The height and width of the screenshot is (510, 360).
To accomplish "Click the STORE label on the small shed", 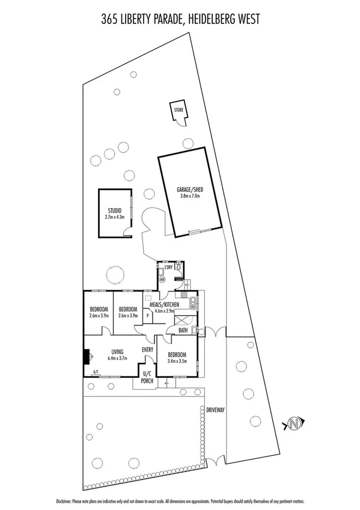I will pyautogui.click(x=178, y=111).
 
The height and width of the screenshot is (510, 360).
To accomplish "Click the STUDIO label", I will pyautogui.click(x=115, y=210).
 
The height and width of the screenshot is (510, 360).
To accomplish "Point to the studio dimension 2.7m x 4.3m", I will pyautogui.click(x=115, y=217).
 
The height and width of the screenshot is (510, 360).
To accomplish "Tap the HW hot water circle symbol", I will pyautogui.click(x=161, y=278).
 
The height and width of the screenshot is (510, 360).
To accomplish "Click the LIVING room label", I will pyautogui.click(x=117, y=352).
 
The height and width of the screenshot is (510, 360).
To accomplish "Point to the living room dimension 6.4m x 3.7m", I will pyautogui.click(x=117, y=358).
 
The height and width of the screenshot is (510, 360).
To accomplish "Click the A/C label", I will pyautogui.click(x=95, y=372).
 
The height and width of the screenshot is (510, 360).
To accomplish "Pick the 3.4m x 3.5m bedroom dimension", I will pyautogui.click(x=177, y=361).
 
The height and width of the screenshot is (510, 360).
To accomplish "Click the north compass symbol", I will pyautogui.click(x=294, y=423).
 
